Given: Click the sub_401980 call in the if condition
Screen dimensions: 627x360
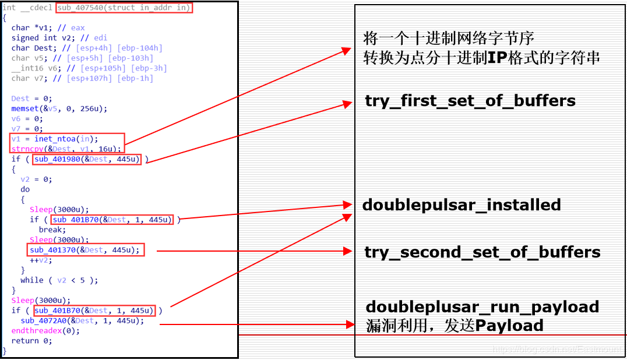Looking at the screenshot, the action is click(87, 159).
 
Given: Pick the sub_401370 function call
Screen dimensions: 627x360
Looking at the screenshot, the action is click(84, 250).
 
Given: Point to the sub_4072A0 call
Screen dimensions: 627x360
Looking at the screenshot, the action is click(82, 320).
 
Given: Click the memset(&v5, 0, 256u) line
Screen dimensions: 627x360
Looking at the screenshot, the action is click(59, 108).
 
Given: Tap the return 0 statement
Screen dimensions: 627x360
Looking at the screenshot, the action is click(31, 341).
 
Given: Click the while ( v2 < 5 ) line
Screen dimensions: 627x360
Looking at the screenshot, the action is click(59, 280).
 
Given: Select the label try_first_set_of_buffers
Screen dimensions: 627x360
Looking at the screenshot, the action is click(470, 101).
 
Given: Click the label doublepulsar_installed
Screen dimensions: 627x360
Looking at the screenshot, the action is click(462, 205).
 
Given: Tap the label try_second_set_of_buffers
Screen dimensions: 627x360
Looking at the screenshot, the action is click(482, 252).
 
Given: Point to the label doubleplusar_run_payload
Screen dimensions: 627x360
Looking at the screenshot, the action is click(482, 307).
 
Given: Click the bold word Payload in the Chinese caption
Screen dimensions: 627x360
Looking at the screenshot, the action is click(509, 325).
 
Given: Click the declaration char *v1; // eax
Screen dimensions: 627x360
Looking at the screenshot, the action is click(48, 28).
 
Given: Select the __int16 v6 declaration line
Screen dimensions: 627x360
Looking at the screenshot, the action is click(89, 68).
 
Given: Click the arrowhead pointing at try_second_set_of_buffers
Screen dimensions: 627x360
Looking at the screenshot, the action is click(348, 251).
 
